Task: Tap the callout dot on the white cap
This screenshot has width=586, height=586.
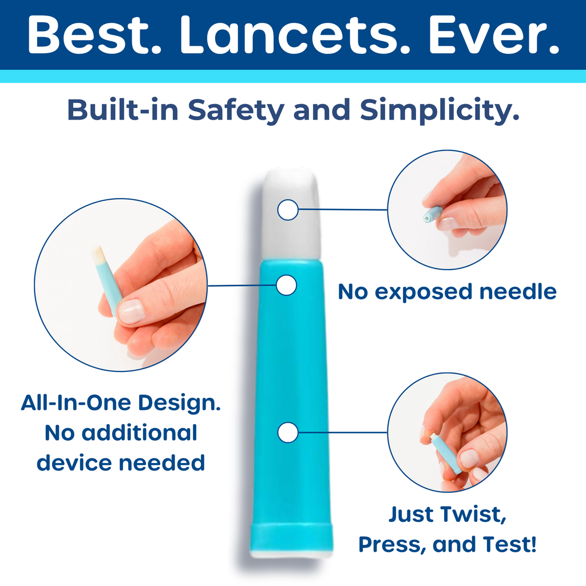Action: click(288, 210)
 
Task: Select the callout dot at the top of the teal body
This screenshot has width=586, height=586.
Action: click(287, 285)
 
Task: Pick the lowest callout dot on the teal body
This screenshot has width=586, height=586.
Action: click(288, 433)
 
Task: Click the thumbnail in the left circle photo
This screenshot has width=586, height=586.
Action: click(131, 311)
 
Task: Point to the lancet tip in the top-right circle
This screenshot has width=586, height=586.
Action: click(431, 215)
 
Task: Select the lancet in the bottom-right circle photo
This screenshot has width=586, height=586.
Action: click(446, 452)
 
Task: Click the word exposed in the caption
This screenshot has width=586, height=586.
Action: click(423, 292)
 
